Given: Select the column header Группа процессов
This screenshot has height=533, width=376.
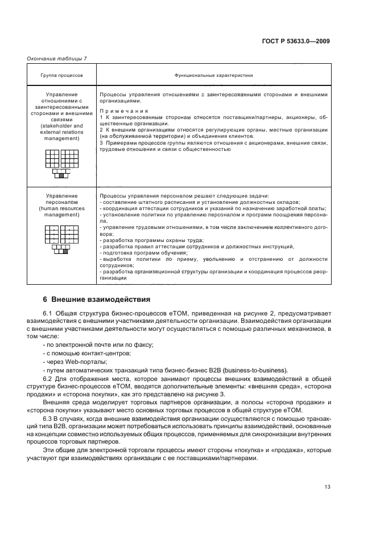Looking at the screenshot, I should tap(61, 75).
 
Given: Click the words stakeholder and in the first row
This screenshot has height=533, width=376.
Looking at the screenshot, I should tap(62, 126).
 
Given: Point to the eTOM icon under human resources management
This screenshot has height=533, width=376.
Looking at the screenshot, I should tap(61, 241).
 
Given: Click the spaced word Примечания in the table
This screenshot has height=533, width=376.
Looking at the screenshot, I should tap(123, 111).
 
